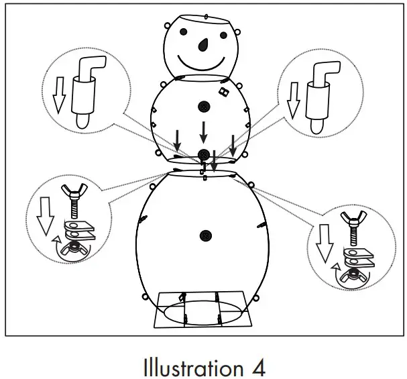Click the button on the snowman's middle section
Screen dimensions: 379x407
click(x=204, y=106)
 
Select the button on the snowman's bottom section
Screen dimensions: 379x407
click(x=206, y=236)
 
